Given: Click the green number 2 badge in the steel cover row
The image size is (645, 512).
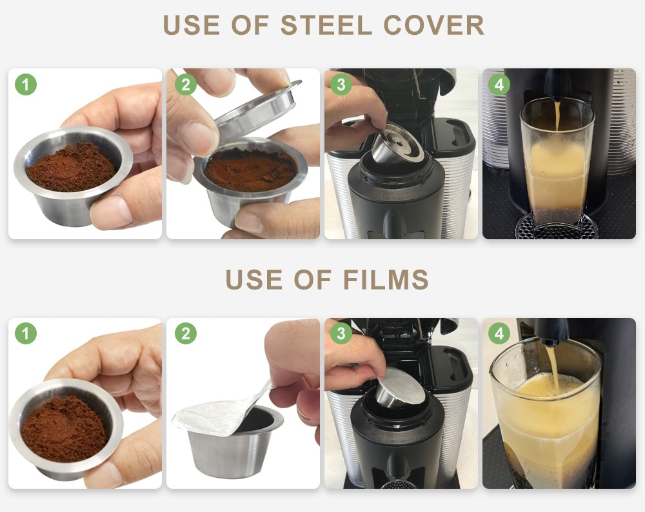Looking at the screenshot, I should [x=185, y=84].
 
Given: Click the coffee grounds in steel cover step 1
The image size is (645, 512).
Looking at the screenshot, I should [x=71, y=167].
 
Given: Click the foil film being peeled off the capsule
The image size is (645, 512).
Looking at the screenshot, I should [x=219, y=411].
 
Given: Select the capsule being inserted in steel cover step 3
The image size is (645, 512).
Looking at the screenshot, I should [x=397, y=145].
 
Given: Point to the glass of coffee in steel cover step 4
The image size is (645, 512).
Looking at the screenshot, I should [x=556, y=168].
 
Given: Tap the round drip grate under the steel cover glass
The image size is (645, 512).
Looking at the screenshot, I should [x=556, y=227].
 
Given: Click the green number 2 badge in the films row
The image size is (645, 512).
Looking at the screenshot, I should [x=185, y=333].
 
